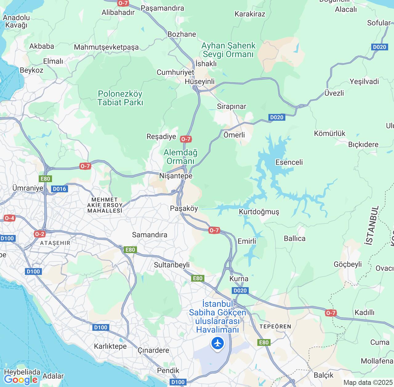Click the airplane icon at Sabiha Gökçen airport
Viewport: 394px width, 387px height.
click(218, 343)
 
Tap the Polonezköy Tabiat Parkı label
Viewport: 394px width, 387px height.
click(120, 98)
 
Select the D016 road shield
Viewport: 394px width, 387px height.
click(59, 189)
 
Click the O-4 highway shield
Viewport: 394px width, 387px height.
click(9, 218)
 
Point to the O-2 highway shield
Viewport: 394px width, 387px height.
click(39, 234)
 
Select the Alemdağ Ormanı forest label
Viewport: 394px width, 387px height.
click(180, 157)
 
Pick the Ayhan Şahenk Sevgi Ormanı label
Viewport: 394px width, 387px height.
click(228, 50)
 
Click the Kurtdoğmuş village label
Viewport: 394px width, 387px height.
click(259, 212)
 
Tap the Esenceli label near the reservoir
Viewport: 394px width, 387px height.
click(289, 162)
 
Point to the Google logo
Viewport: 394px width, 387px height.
click(21, 380)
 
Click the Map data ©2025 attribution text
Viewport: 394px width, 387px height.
click(368, 383)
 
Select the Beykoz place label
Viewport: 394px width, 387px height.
click(31, 70)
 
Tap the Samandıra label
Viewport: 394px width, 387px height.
click(150, 235)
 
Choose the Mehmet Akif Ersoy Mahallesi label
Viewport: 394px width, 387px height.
click(105, 205)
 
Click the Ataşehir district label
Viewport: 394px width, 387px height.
click(55, 243)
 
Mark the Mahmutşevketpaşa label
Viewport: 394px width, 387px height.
click(106, 47)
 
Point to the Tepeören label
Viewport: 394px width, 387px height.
click(275, 326)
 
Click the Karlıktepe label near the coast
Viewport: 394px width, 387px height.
click(110, 346)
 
